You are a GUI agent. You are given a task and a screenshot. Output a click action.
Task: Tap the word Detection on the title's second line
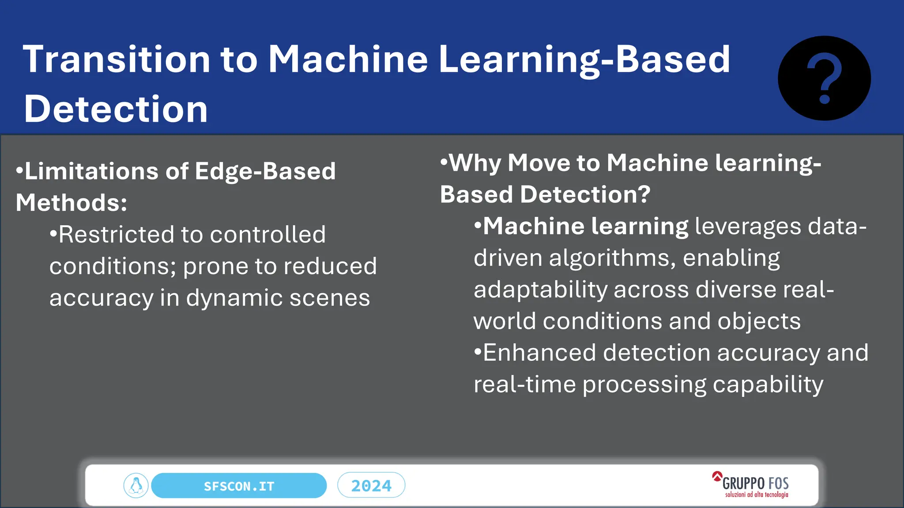click(116, 109)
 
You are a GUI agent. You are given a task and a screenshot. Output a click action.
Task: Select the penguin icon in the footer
click(136, 486)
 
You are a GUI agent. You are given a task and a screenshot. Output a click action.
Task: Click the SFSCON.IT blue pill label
click(239, 486)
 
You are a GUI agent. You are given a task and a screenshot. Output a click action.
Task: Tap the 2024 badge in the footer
click(371, 486)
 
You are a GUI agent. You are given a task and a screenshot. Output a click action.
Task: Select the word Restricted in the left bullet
click(117, 235)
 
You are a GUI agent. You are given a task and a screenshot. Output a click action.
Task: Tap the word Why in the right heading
click(475, 163)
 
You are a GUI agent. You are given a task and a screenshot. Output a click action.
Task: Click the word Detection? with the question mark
click(585, 194)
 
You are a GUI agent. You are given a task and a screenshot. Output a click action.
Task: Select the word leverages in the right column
click(748, 227)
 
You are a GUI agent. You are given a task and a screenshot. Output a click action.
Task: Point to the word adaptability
click(541, 290)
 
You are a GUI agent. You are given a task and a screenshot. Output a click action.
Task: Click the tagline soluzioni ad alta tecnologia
click(757, 495)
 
